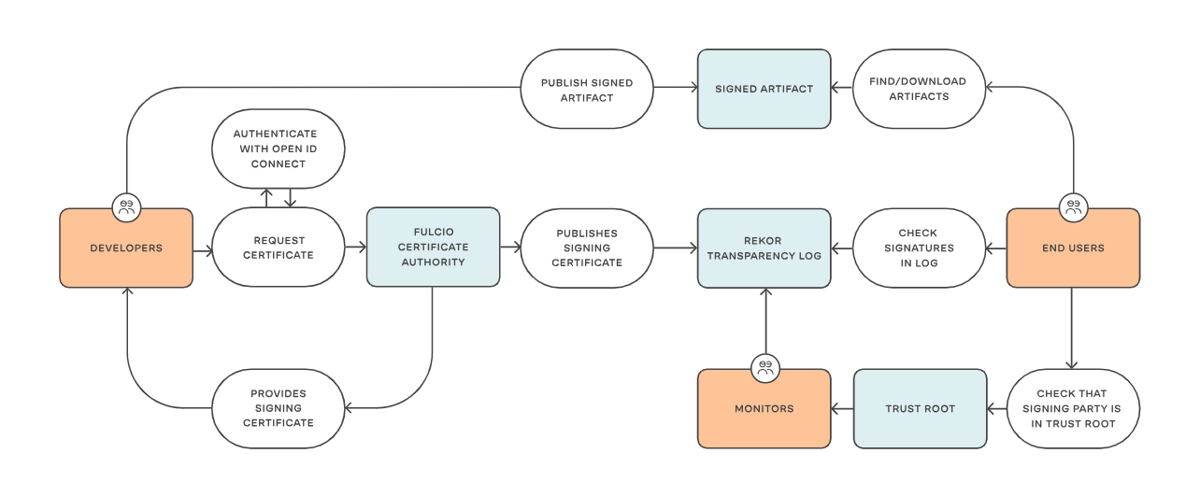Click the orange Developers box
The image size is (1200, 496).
tap(126, 248)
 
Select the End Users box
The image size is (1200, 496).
tap(1073, 248)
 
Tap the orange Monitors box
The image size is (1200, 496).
tap(764, 409)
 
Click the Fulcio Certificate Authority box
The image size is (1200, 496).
tap(433, 247)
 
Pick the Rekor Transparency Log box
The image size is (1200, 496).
tap(764, 248)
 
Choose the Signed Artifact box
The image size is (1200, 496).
tap(764, 89)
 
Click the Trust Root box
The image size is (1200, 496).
tap(920, 409)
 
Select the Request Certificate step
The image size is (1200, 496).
tap(278, 248)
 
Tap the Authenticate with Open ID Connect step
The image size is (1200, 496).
tap(278, 149)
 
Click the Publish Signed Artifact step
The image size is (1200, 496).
tap(587, 89)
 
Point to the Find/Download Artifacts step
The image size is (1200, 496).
tap(919, 89)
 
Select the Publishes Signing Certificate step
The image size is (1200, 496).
tap(587, 248)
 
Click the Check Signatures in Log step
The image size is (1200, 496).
tap(919, 248)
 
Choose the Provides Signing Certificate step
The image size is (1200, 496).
tap(278, 409)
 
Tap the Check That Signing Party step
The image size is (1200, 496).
tap(1073, 409)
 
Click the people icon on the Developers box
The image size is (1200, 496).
tap(126, 207)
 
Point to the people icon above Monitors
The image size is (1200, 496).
tap(765, 368)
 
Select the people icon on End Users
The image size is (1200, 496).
tap(1074, 207)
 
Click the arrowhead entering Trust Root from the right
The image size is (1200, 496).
tap(991, 409)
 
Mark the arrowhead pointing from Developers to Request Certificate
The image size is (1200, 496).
tap(208, 250)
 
